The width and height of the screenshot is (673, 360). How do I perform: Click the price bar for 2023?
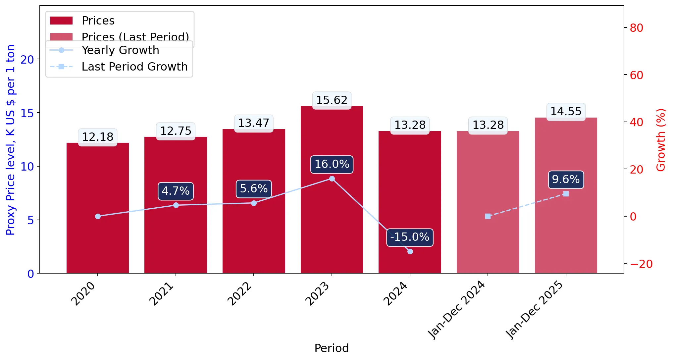pos(332,189)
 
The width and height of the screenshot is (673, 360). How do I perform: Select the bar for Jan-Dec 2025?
pos(566,195)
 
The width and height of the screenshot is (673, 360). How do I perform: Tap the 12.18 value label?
pos(98,137)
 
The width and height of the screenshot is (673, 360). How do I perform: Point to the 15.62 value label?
pos(332,100)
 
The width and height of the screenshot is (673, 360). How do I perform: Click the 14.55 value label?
pos(566,111)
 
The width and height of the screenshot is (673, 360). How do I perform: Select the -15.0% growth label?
pos(410,237)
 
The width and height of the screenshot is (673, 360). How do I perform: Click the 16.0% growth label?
pos(332,164)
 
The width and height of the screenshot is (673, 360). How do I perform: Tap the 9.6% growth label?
pos(566,180)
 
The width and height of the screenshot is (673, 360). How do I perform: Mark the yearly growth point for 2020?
pos(98,216)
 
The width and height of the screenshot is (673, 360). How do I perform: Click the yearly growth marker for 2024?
pos(410,251)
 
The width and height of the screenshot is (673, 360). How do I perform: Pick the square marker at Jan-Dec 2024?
pos(488,216)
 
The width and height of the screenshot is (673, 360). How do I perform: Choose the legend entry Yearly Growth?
pos(104,50)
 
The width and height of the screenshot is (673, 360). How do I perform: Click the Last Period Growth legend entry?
pos(119,67)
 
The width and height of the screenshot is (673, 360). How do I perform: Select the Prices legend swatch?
pos(61,21)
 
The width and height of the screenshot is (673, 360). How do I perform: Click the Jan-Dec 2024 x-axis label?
pos(457,310)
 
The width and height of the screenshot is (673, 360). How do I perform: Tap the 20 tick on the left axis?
pos(27,60)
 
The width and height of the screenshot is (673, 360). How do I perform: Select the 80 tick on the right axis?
pos(637,28)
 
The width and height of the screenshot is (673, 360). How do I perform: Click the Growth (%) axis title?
pos(661,140)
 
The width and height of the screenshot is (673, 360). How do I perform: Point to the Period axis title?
pos(332,348)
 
